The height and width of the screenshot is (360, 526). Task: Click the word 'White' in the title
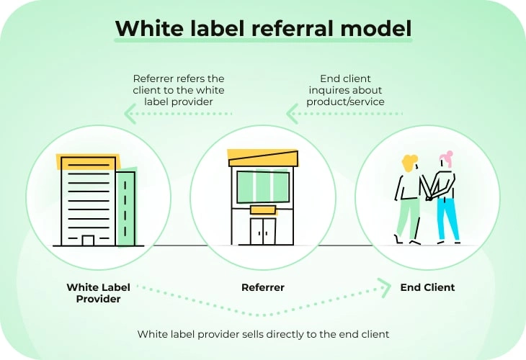click(151, 28)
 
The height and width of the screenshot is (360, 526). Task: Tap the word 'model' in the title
click(376, 28)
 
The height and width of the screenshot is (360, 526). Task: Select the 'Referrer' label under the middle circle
click(263, 287)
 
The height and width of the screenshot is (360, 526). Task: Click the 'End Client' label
click(427, 287)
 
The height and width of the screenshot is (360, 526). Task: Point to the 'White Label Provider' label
click(98, 293)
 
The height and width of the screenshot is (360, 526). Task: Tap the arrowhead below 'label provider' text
click(130, 114)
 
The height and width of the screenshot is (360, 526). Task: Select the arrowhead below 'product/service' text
click(292, 114)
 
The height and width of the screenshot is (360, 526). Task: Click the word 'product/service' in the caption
click(345, 102)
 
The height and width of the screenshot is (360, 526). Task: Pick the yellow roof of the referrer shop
click(263, 158)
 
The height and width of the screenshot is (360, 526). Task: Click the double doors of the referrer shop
click(263, 231)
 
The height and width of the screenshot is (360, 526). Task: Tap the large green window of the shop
click(263, 186)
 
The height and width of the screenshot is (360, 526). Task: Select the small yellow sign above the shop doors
click(263, 210)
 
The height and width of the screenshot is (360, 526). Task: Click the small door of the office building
click(88, 240)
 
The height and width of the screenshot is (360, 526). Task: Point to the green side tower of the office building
click(126, 209)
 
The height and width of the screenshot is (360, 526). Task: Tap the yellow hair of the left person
click(409, 163)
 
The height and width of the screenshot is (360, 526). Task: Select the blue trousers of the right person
click(447, 219)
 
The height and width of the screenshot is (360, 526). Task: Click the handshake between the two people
click(429, 196)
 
